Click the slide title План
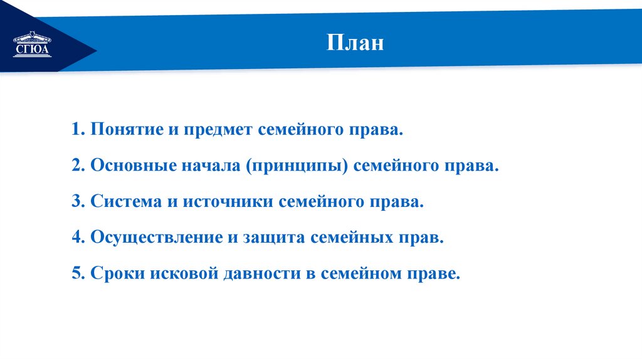point(354,44)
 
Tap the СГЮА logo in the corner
point(33,45)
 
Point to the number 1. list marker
point(78,131)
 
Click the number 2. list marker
point(78,167)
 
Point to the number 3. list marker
point(78,203)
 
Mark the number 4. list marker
point(78,238)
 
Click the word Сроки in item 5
point(114,274)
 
